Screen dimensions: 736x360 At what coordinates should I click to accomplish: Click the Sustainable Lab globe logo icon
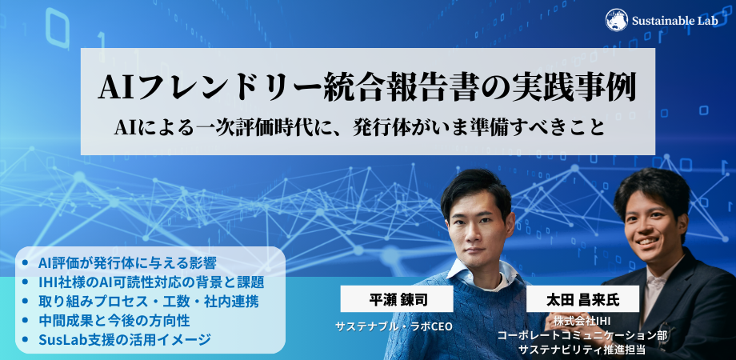[x=616, y=20]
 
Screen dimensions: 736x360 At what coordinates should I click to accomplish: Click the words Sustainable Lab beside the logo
[x=674, y=21]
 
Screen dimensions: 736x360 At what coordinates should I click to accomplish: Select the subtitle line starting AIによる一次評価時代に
[x=359, y=128]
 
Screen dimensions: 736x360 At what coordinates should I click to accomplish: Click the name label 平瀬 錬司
[x=397, y=299]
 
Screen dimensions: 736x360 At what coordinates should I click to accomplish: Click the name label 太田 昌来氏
[x=582, y=299]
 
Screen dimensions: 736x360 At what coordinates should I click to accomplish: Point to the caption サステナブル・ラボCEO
[x=394, y=326]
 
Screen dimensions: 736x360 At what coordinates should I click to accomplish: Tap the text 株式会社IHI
[x=582, y=322]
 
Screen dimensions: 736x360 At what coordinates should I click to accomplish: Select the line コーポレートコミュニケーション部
[x=582, y=335]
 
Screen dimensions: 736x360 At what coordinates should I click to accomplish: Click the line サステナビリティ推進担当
[x=582, y=350]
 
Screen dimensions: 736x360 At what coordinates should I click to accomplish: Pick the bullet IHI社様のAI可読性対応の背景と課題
[x=151, y=282]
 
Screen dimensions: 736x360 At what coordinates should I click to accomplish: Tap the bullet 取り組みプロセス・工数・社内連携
[x=148, y=302]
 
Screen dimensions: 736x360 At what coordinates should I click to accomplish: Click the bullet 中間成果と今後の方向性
[x=114, y=321]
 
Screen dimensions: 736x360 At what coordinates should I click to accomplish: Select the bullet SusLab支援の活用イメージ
[x=124, y=339]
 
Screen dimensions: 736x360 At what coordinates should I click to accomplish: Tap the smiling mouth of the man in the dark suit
[x=648, y=242]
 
